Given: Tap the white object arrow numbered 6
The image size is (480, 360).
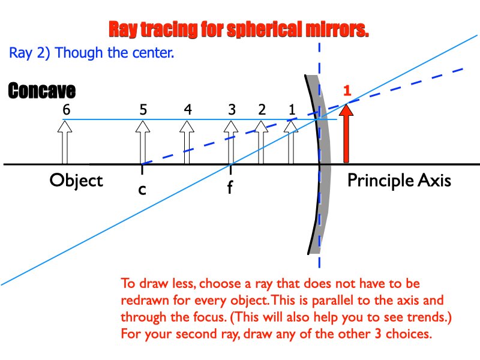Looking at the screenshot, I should click(x=65, y=142).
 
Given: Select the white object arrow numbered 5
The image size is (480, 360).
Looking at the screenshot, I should click(x=142, y=142).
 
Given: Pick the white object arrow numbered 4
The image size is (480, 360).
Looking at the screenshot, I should click(x=187, y=142).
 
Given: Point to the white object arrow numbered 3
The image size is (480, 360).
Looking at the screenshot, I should click(x=230, y=142).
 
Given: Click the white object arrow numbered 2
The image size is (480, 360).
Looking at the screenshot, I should click(x=261, y=142).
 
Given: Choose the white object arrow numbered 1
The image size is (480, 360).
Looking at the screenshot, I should click(x=292, y=142).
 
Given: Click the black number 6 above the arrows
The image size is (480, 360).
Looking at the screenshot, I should click(x=65, y=110).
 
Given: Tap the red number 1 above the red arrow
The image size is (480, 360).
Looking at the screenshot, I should click(x=346, y=92).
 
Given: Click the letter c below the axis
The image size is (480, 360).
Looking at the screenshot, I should click(x=142, y=190).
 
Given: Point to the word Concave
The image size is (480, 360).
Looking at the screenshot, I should click(x=41, y=92).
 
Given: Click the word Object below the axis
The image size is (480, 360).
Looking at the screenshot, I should click(x=76, y=181).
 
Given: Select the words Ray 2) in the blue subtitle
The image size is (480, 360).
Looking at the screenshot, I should click(x=30, y=53).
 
